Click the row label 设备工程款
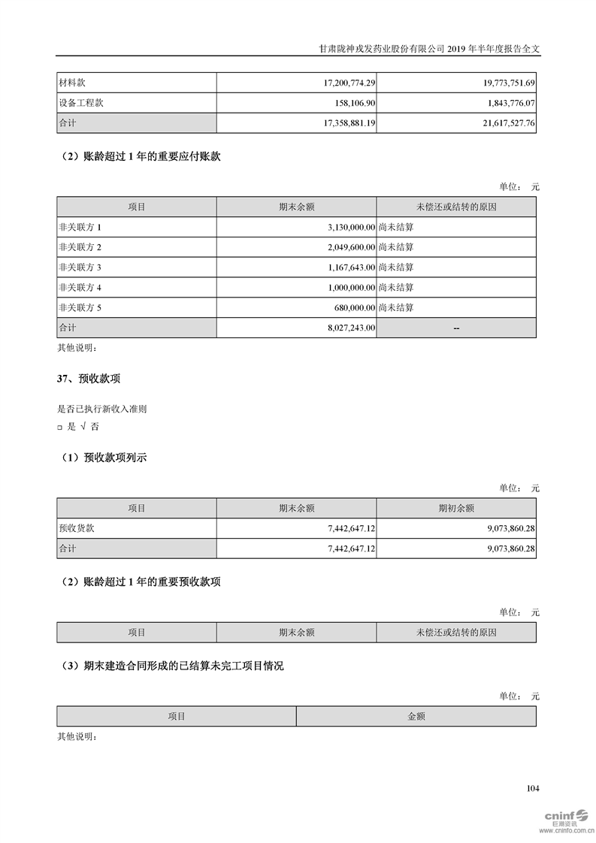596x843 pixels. click(x=80, y=102)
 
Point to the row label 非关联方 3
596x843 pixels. click(x=79, y=267)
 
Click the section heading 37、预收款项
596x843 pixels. click(x=89, y=379)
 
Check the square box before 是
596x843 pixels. click(x=59, y=427)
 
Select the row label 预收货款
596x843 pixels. click(x=77, y=528)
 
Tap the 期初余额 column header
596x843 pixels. click(x=456, y=508)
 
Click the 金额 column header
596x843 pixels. click(x=416, y=716)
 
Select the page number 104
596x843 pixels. click(x=533, y=788)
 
